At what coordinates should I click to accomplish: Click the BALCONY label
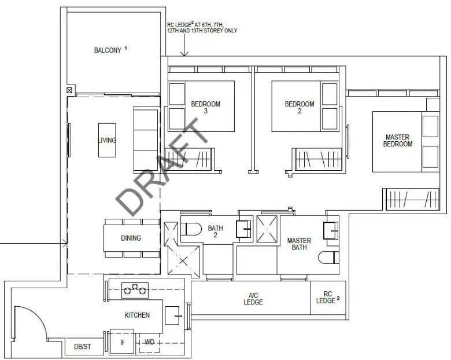[x=108, y=50]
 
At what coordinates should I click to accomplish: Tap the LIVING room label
[x=107, y=140]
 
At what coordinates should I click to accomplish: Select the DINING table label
[x=131, y=238]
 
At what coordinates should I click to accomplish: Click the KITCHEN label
[x=137, y=315]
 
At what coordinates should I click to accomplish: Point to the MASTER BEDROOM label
[x=397, y=141]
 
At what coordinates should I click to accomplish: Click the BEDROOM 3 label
[x=206, y=108]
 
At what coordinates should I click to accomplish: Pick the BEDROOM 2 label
[x=300, y=108]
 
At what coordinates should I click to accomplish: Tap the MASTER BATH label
[x=299, y=244]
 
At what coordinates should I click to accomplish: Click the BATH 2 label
[x=216, y=232]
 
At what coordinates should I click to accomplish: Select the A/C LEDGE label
[x=253, y=299]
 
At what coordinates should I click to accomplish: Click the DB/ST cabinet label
[x=83, y=347]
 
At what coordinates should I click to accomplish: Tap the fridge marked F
[x=122, y=342]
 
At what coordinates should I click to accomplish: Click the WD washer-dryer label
[x=149, y=342]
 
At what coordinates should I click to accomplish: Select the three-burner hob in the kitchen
[x=135, y=291]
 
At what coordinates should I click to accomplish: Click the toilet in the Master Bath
[x=329, y=258]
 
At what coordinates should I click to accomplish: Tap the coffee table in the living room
[x=107, y=140]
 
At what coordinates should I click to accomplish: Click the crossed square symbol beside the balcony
[x=69, y=90]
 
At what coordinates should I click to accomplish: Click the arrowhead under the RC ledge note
[x=184, y=54]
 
